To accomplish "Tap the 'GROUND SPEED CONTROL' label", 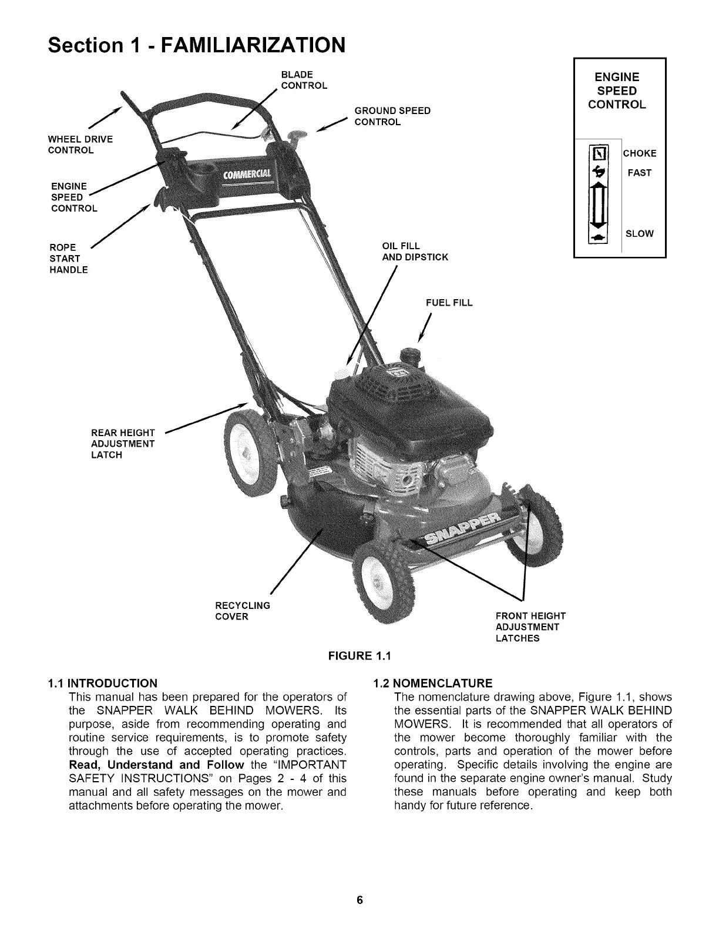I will point(392,116).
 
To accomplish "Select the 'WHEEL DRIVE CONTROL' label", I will point(79,145).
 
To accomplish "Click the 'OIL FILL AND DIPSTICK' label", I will point(414,252).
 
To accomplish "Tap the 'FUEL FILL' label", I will point(449,303).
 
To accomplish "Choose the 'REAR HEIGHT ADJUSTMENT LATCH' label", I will point(123,444).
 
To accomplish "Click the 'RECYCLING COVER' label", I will point(242,611).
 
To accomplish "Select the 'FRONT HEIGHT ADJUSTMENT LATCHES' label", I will point(530,627).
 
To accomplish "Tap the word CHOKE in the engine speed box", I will point(640,154).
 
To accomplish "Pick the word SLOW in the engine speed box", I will point(639,234).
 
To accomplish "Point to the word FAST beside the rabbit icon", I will point(639,173).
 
